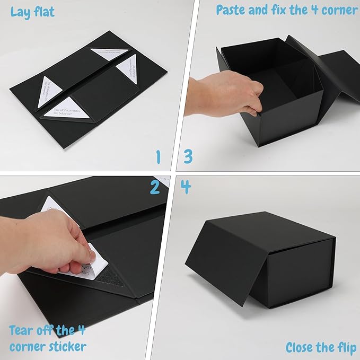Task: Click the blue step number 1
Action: [x=157, y=157]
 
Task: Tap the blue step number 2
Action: [x=154, y=187]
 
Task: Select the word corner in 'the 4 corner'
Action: [x=338, y=10]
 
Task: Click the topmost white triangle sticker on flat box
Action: [x=110, y=51]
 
